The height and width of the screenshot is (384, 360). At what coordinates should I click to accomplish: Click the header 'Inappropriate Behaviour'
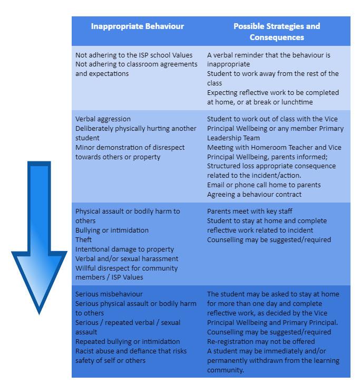[x=137, y=26]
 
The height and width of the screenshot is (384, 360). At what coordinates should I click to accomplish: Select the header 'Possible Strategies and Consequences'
[x=277, y=32]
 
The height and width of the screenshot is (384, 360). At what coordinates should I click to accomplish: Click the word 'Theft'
[x=84, y=240]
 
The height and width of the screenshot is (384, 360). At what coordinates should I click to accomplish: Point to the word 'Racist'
[x=86, y=351]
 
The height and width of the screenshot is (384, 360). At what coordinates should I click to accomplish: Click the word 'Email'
[x=217, y=185]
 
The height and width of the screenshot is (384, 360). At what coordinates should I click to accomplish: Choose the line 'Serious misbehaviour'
[x=109, y=294]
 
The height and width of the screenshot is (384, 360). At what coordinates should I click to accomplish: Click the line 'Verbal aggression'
[x=103, y=119]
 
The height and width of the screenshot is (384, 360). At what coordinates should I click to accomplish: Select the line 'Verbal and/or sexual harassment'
[x=127, y=259]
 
